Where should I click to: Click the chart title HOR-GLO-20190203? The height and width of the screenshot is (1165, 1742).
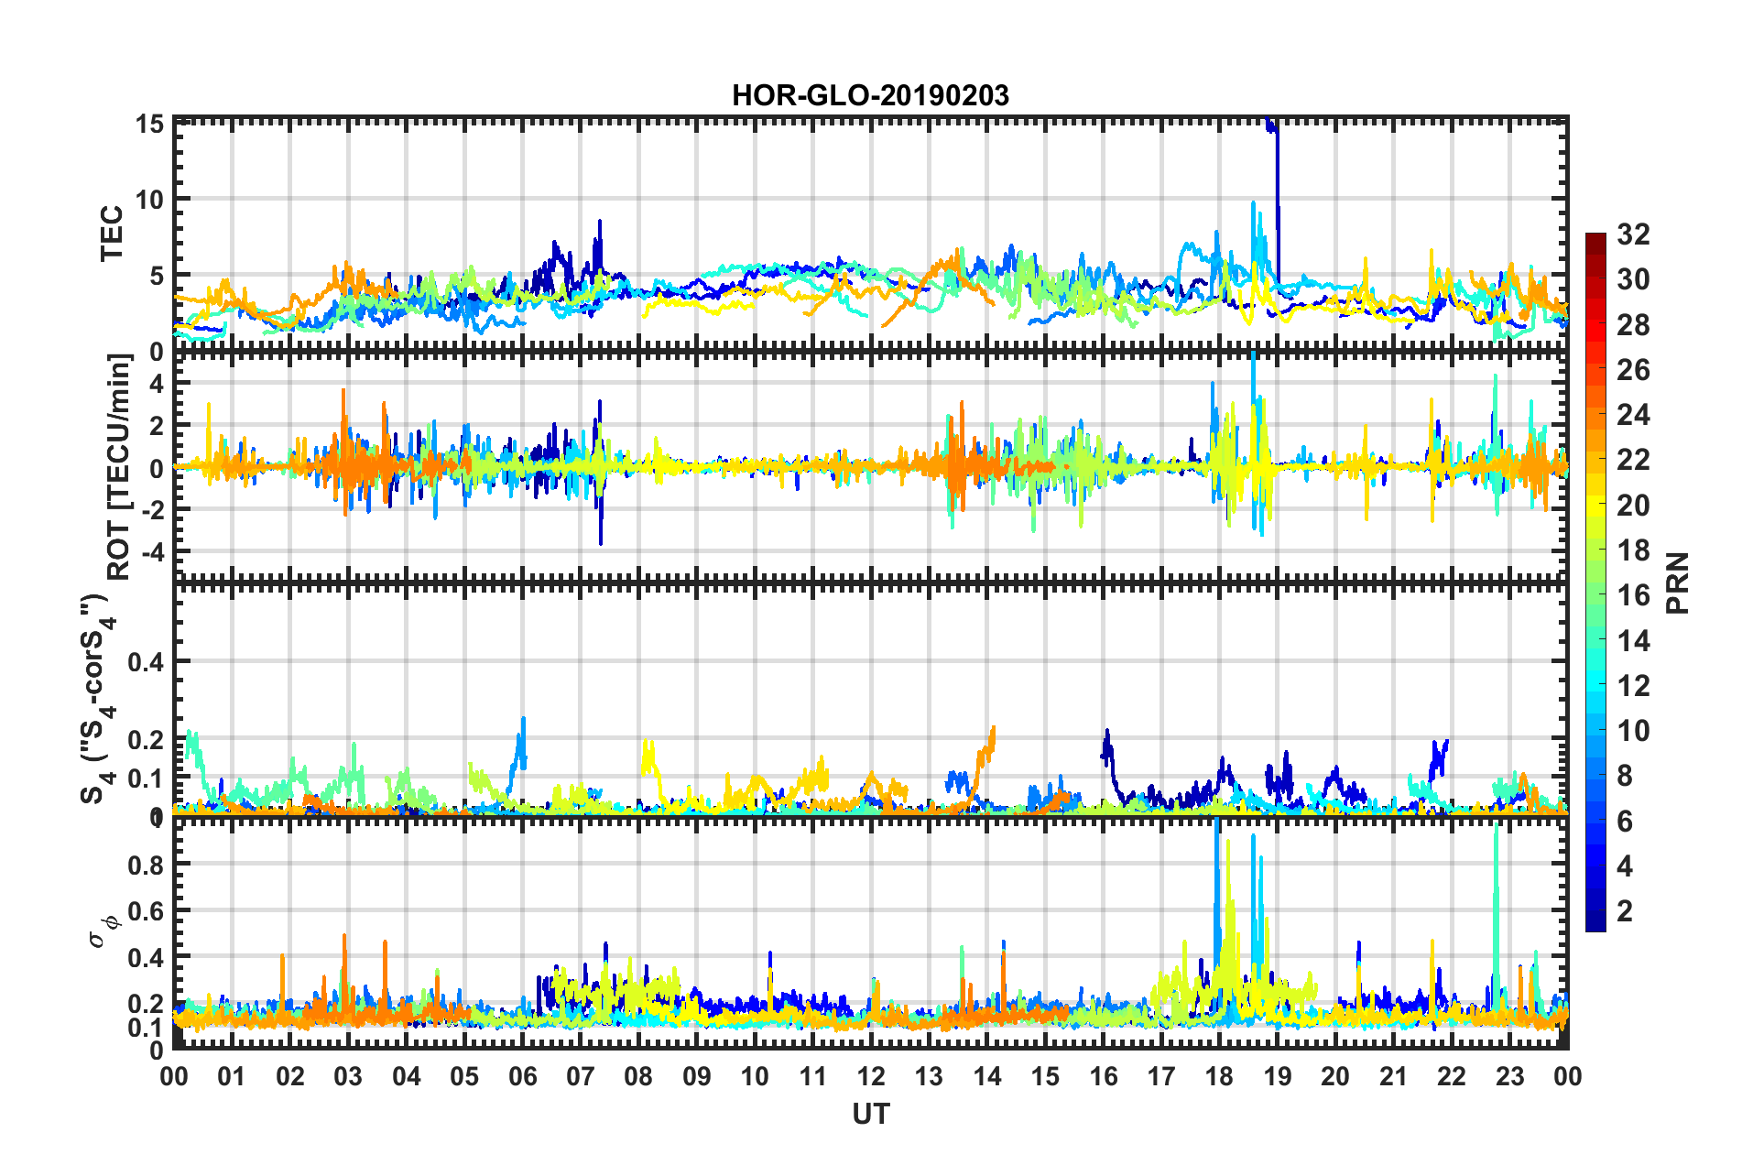(870, 95)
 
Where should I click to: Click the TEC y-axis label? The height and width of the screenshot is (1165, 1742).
(111, 234)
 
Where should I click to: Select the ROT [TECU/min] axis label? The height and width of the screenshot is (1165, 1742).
(119, 466)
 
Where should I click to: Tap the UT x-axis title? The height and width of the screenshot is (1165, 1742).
(870, 1114)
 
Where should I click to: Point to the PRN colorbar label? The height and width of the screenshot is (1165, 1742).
(1678, 582)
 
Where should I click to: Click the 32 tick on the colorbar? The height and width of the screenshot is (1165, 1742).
(1633, 234)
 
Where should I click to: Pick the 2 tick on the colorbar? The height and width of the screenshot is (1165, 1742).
(1626, 910)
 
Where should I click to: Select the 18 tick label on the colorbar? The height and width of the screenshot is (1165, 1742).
(1633, 550)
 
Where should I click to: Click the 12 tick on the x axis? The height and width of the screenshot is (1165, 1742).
(871, 1076)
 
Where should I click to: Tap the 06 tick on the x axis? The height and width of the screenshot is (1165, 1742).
(523, 1076)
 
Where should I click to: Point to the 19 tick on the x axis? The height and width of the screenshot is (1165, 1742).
(1278, 1076)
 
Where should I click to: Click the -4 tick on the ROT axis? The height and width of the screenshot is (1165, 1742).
(150, 552)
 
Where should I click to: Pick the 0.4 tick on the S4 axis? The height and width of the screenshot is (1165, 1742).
(146, 661)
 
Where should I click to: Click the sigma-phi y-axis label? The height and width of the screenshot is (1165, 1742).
(103, 926)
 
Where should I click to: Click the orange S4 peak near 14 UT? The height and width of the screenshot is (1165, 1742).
(992, 731)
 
